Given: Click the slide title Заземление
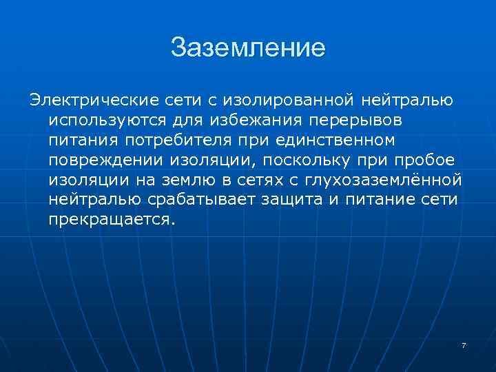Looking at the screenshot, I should [x=247, y=48].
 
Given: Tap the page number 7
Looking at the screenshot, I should [x=464, y=345].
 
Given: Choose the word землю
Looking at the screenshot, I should [x=187, y=180].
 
